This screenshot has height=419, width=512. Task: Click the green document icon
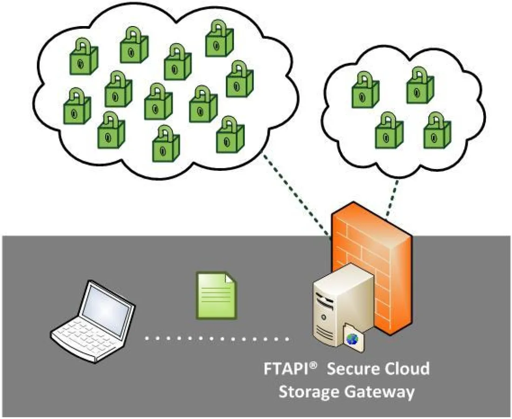[x=215, y=296]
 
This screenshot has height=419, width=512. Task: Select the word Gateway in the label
[x=379, y=392]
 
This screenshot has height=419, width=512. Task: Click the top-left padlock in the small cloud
[x=364, y=88]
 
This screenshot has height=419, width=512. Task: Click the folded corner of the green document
[x=230, y=279]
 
